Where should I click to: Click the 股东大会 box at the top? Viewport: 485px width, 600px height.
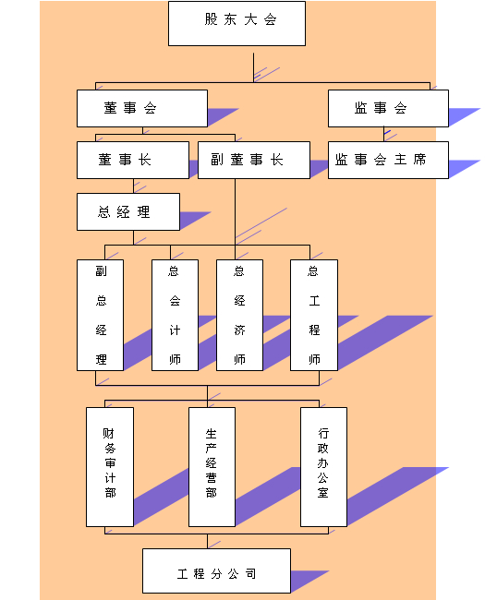pos(236,23)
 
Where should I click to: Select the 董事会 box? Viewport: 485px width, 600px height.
pos(142,108)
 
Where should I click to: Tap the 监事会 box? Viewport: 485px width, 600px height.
pos(388,108)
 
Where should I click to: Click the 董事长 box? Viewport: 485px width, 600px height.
pos(133,160)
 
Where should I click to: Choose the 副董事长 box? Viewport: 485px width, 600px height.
pos(254,160)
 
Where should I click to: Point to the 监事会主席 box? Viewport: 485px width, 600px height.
pos(388,160)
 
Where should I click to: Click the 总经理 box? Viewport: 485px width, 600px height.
pos(128,211)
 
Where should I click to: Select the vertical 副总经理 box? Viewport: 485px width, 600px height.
pos(100,315)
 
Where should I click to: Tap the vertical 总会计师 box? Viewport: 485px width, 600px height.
pos(175,315)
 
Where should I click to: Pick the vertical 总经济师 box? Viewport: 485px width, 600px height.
pos(239,315)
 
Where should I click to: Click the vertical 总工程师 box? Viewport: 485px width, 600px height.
pos(314,315)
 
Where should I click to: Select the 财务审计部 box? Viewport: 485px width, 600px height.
pos(110,467)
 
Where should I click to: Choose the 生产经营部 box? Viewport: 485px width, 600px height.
pos(212,467)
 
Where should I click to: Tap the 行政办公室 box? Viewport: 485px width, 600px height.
pos(323,467)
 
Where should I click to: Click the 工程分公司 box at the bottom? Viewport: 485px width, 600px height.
pos(216,570)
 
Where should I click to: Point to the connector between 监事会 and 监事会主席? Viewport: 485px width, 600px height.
pos(384,135)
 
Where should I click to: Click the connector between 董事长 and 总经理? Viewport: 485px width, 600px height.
pos(133,186)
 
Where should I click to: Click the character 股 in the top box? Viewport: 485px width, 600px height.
pos(211,19)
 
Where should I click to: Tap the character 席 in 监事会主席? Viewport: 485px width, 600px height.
pos(419,159)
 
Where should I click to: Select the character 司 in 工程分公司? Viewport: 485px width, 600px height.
pos(250,573)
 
